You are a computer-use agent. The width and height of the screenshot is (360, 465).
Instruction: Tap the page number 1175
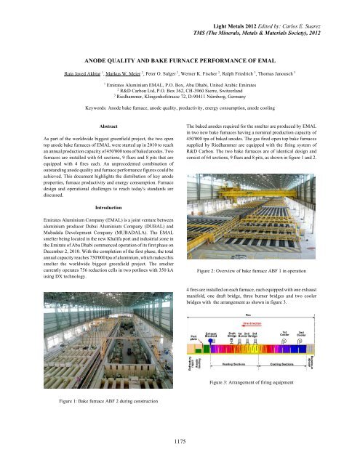click(x=180, y=440)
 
